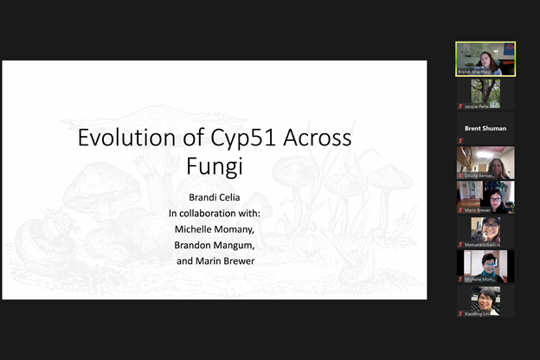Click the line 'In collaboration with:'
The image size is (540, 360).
214,213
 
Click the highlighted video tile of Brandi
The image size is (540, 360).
485,58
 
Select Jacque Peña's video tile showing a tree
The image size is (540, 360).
485,93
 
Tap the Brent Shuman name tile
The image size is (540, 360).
485,128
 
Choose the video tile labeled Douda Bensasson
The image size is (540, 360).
485,162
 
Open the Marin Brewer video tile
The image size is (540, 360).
485,197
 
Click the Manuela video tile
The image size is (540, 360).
485,232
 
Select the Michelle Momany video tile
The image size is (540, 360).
485,267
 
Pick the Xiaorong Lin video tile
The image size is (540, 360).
485,301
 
